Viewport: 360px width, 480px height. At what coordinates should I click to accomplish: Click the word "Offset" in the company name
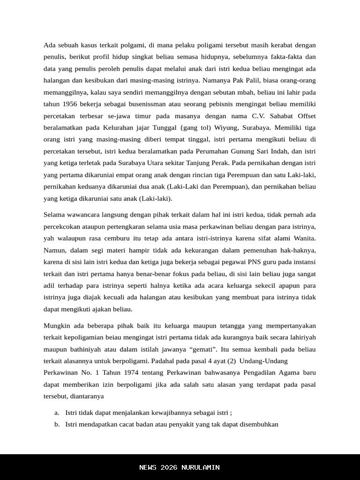306,116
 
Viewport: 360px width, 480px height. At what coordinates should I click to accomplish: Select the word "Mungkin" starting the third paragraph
56,326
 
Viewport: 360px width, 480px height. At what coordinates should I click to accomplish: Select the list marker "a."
57,413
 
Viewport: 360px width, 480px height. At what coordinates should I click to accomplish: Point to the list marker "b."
57,425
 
